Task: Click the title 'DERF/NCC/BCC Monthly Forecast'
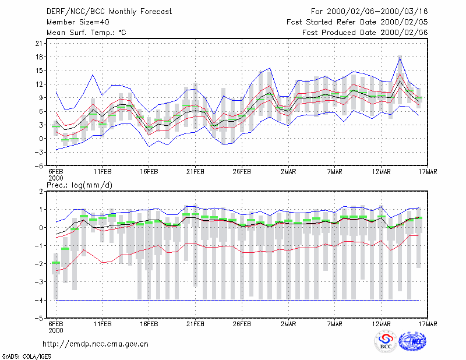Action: (x=109, y=12)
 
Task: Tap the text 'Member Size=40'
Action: (x=78, y=22)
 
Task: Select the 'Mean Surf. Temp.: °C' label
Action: (x=86, y=33)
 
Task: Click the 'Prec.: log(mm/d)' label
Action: (x=79, y=185)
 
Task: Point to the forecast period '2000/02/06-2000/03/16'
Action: (x=377, y=12)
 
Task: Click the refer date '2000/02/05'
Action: (x=404, y=22)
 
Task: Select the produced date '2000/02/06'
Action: (x=404, y=33)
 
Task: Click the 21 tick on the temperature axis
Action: (x=39, y=44)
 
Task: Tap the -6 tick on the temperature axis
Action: (x=38, y=166)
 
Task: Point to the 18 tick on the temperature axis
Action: (x=39, y=57)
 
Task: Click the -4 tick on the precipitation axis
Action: (x=38, y=300)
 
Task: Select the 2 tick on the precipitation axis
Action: (x=41, y=192)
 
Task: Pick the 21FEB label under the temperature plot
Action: (x=195, y=171)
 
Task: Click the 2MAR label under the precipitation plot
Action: (x=288, y=324)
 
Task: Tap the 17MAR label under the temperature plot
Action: (x=428, y=171)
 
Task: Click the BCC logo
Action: (x=386, y=342)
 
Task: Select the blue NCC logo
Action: (x=412, y=341)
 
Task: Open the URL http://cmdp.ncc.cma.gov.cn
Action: (x=96, y=344)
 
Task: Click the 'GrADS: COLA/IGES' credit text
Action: (x=26, y=357)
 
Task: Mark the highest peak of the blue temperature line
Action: (x=400, y=57)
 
